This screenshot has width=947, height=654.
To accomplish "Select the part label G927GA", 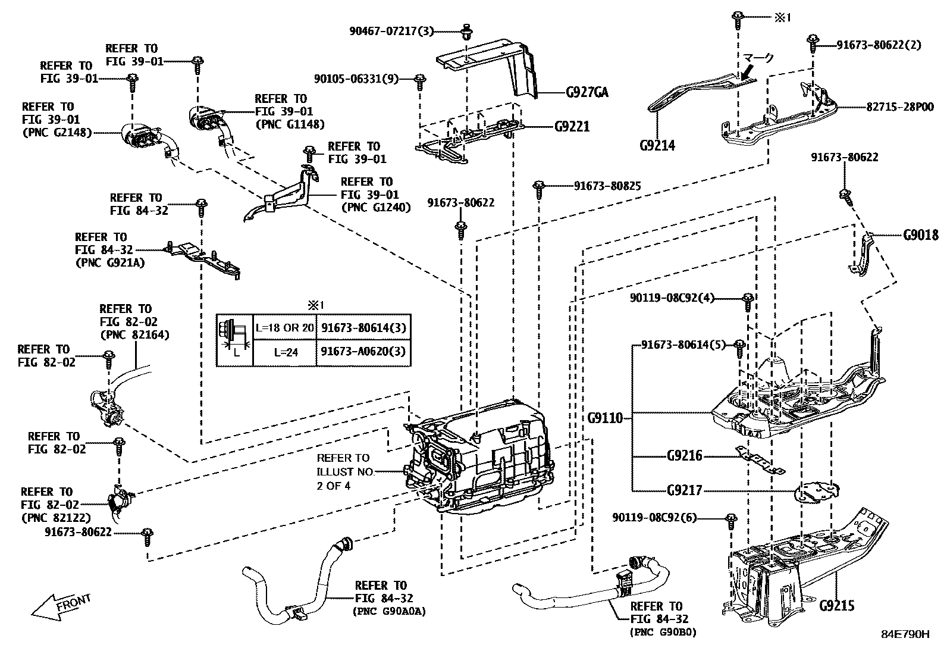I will [587, 92].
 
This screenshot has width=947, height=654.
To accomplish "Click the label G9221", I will [572, 126].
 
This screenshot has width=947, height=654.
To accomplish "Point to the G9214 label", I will [657, 145].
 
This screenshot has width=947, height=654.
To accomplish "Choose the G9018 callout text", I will [920, 235].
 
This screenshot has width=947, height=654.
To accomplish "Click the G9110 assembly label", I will [605, 418].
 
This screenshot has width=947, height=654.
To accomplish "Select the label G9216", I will [684, 456].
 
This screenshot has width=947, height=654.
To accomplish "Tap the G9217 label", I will [684, 490].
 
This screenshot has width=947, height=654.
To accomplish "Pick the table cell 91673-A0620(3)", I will [363, 352].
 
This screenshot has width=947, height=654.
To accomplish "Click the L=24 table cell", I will [286, 352].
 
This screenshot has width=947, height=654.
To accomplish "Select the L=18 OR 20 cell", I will [285, 327].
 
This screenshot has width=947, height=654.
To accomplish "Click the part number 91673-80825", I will [607, 186].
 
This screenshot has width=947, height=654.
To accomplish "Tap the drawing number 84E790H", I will [905, 634].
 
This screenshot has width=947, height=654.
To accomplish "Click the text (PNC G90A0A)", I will [390, 611].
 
